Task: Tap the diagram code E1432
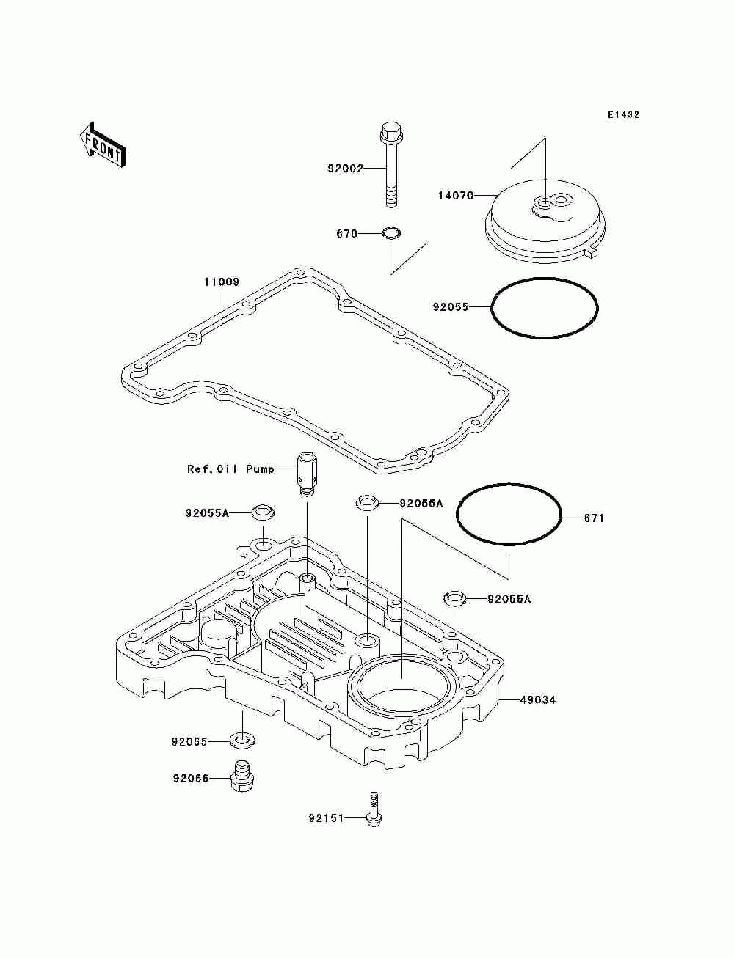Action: tap(623, 115)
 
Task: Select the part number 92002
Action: tap(345, 169)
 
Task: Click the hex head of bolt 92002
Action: tap(390, 134)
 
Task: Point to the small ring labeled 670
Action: tap(392, 235)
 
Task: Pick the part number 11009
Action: tap(222, 282)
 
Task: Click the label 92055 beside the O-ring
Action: tap(450, 307)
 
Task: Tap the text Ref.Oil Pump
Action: tap(230, 469)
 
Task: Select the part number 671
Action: tap(594, 518)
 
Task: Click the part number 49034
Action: tap(538, 700)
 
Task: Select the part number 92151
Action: tap(326, 817)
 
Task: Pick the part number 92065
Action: tap(189, 742)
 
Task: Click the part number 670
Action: tap(346, 235)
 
